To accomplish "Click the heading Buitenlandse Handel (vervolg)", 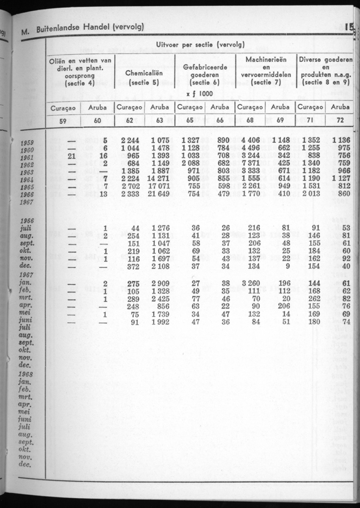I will [x=90, y=28].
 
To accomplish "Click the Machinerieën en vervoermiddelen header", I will [x=266, y=71].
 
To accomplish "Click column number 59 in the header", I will [x=63, y=120].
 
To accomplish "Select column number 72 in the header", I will [x=340, y=120].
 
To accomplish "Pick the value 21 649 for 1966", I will [x=158, y=194].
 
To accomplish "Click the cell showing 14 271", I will [x=158, y=179].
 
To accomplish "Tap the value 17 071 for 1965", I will [x=158, y=187].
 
